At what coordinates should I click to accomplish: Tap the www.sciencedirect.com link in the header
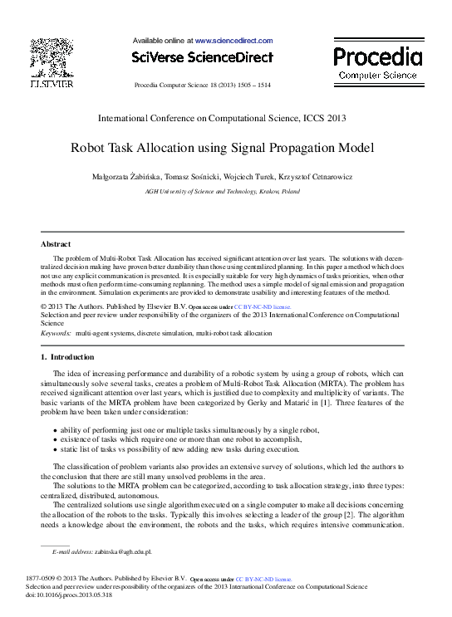point(233,40)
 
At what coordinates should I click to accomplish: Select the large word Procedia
point(377,56)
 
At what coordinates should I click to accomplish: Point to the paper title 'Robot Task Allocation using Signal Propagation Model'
point(223,149)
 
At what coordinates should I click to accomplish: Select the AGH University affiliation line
point(223,191)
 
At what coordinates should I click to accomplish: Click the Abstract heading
point(56,244)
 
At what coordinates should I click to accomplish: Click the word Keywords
point(56,332)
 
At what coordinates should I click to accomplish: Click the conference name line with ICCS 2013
point(223,118)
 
